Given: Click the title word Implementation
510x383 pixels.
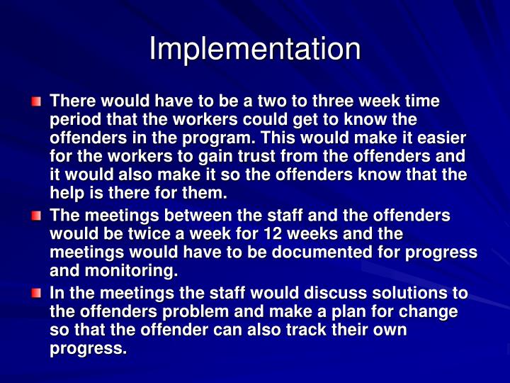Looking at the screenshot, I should pyautogui.click(x=255, y=49).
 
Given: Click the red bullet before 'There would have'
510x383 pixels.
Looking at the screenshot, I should pyautogui.click(x=36, y=102).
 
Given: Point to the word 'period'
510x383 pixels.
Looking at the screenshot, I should pyautogui.click(x=73, y=119).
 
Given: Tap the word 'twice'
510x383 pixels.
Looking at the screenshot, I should pyautogui.click(x=150, y=234).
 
